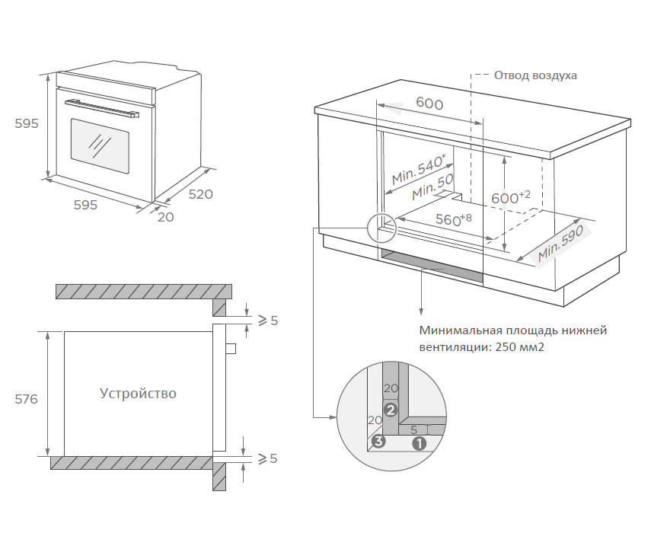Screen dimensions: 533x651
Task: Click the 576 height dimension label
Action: [26, 399]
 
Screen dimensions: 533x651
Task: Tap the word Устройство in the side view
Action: [138, 394]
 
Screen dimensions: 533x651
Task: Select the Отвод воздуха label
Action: [535, 75]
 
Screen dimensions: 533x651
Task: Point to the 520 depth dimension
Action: [200, 194]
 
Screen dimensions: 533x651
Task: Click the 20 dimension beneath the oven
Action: [166, 217]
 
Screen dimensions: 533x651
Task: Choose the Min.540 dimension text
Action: [418, 170]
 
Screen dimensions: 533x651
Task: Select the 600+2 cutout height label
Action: [510, 197]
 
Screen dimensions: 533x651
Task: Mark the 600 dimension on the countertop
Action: [429, 104]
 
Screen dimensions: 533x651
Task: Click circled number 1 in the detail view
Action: [418, 441]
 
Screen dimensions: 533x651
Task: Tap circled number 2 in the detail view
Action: [391, 410]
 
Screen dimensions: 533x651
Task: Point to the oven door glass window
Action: [100, 140]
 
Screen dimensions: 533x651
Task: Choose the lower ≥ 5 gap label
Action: [267, 458]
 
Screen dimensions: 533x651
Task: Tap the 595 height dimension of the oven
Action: [26, 123]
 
